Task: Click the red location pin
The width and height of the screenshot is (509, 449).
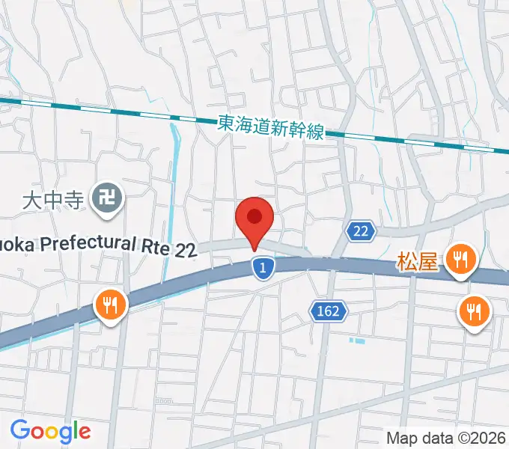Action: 254,219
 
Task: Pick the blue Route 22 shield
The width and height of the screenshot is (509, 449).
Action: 360,232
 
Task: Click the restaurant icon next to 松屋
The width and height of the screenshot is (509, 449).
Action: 460,260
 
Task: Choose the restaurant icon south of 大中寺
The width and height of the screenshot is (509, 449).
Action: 110,305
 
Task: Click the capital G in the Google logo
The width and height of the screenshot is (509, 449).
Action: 20,431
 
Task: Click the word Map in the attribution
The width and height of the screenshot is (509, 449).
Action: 401,438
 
